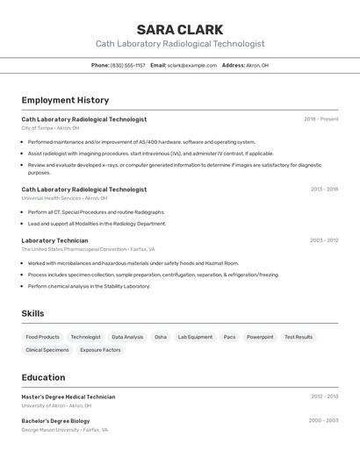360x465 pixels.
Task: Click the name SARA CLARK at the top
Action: (179, 30)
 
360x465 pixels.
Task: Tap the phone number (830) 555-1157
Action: (127, 65)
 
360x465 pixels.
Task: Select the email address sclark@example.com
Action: (191, 65)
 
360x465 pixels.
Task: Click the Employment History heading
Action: (65, 100)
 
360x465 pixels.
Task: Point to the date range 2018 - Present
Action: (320, 118)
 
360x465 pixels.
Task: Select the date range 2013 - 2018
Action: (324, 189)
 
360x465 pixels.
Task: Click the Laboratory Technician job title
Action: (54, 240)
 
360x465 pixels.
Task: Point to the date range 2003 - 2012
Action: (324, 240)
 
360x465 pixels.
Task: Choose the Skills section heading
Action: (32, 313)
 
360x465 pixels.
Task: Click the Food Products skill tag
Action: (43, 337)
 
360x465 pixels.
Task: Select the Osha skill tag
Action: (160, 337)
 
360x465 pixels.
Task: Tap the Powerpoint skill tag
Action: (260, 337)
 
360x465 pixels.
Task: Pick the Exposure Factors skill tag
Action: (100, 350)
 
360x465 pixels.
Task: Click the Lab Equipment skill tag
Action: (195, 337)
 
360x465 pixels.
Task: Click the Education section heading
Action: (43, 377)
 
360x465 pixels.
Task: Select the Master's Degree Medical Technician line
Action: (68, 397)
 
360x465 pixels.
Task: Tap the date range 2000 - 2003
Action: (323, 420)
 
